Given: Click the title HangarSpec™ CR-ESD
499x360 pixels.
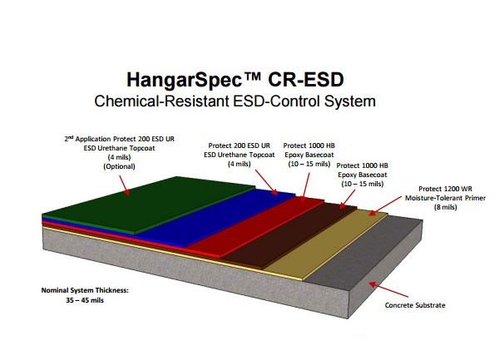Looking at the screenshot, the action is pos(235,80).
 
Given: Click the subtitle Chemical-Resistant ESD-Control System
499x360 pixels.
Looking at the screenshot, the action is pos(235,101).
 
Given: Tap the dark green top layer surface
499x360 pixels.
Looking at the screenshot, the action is pos(146,204).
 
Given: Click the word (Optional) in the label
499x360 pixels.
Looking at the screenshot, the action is pos(119,166).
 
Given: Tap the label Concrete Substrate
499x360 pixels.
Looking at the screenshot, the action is pos(415,305).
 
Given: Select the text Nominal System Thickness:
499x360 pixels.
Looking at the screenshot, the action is pos(85,290).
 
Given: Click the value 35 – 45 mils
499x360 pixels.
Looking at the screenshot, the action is pos(85,300).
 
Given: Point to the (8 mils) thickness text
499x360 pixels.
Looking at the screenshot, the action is pos(445,207).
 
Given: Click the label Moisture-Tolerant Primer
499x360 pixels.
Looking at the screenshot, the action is pos(445,198).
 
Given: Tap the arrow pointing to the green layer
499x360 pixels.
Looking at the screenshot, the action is pos(125,185).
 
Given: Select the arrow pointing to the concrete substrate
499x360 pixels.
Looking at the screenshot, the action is pos(388,289).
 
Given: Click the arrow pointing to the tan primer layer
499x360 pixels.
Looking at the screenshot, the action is pos(385,205).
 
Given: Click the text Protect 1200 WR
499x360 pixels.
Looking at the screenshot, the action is pos(445,189).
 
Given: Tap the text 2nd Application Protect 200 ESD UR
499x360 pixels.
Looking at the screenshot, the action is pos(119,139).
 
